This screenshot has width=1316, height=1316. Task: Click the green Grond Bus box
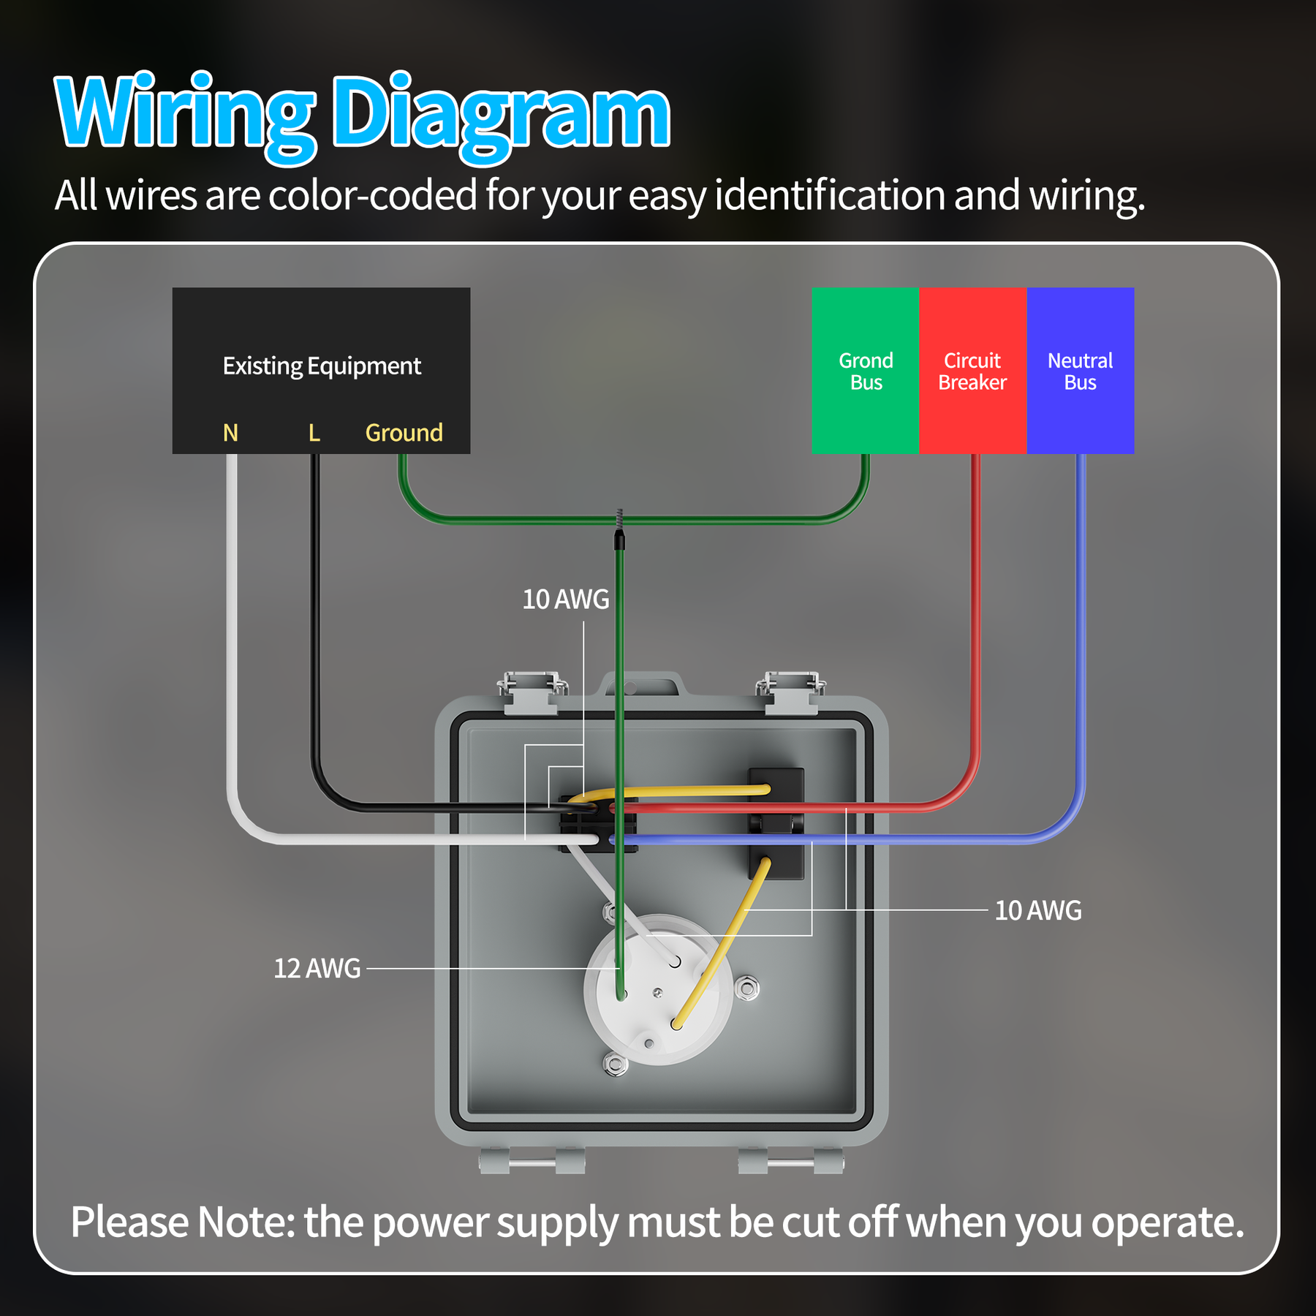[x=865, y=371]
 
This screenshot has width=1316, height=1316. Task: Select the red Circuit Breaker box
[x=973, y=371]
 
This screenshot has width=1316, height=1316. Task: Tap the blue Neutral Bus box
[x=1081, y=371]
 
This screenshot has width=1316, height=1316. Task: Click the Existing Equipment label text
[x=322, y=366]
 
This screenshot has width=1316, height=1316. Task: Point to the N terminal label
[x=230, y=433]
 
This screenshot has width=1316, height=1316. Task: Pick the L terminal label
[x=314, y=433]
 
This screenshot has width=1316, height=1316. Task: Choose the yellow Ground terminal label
[x=404, y=433]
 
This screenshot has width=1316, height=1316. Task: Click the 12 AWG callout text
[x=317, y=968]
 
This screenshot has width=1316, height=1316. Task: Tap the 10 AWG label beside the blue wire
[x=1038, y=910]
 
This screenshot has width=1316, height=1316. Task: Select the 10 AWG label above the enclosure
[x=565, y=599]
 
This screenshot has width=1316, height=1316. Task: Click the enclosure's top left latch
[x=532, y=692]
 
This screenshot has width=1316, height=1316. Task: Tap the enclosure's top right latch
[x=790, y=692]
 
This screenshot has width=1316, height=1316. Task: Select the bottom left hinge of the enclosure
[x=532, y=1161]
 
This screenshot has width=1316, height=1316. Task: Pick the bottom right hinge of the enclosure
[x=790, y=1161]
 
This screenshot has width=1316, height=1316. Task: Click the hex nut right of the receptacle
[x=747, y=989]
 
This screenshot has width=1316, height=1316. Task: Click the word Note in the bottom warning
[x=246, y=1222]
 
